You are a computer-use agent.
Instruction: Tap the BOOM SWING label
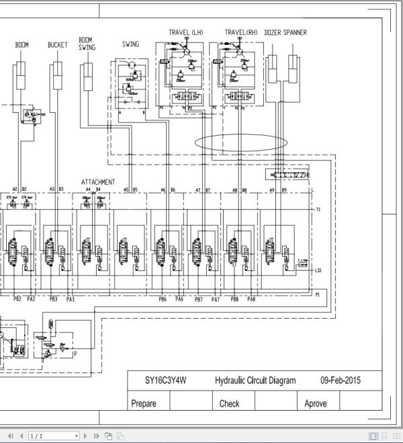pyautogui.click(x=87, y=44)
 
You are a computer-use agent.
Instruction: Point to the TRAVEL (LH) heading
pyautogui.click(x=185, y=32)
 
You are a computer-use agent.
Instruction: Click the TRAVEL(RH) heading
pyautogui.click(x=240, y=32)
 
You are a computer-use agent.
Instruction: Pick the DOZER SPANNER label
pyautogui.click(x=285, y=32)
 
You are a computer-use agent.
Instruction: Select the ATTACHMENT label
pyautogui.click(x=98, y=182)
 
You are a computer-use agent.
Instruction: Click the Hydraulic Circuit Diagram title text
pyautogui.click(x=255, y=380)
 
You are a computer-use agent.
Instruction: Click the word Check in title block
pyautogui.click(x=229, y=403)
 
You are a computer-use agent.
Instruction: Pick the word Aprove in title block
pyautogui.click(x=316, y=403)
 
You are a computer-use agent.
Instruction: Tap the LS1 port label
pyautogui.click(x=318, y=271)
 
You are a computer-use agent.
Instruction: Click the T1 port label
pyautogui.click(x=318, y=210)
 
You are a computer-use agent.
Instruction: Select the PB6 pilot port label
pyautogui.click(x=163, y=299)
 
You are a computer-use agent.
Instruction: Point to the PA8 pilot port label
pyautogui.click(x=251, y=299)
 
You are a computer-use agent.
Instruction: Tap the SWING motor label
pyautogui.click(x=130, y=44)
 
